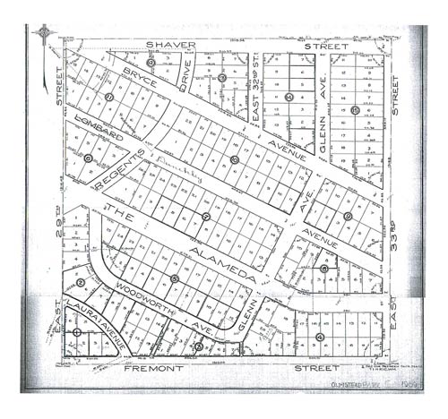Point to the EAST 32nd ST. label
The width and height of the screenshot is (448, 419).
(x=255, y=96)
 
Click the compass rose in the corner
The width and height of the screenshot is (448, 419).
(x=43, y=35)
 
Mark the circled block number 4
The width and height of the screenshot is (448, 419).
(x=320, y=337)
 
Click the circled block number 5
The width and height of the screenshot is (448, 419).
(x=174, y=279)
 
